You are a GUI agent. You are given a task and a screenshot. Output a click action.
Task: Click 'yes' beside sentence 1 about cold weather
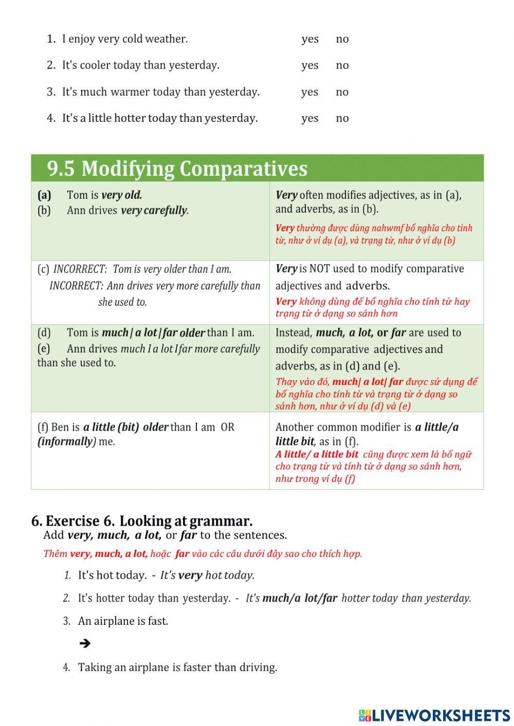pos(310,39)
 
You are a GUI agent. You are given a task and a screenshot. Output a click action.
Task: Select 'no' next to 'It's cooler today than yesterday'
pos(342,65)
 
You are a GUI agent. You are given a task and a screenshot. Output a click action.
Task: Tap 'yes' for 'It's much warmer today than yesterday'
pos(309,92)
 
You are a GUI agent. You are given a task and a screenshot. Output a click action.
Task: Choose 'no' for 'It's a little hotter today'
pos(342,118)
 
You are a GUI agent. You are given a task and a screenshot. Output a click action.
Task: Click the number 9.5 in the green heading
pos(61,169)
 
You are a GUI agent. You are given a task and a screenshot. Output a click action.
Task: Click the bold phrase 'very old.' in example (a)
pos(122,195)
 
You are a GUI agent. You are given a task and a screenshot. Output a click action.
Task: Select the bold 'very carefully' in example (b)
pos(154,210)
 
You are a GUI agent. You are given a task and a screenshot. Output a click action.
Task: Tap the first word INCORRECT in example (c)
pos(80,269)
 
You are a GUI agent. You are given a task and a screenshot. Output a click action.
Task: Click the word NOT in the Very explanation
pos(319,269)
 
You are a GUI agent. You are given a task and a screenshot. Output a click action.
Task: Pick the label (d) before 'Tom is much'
pos(44,333)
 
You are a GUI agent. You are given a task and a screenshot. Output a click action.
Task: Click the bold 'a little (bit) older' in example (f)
pos(125,427)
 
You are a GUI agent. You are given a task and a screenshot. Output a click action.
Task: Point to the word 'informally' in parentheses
pos(66,441)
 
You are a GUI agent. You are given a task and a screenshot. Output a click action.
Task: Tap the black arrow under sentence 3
pos(85,643)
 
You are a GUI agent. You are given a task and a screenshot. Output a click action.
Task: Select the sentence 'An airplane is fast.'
pos(123,621)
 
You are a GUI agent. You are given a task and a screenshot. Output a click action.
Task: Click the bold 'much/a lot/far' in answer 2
pos(300,598)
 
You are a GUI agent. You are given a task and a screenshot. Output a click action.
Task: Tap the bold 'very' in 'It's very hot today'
pos(190,575)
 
